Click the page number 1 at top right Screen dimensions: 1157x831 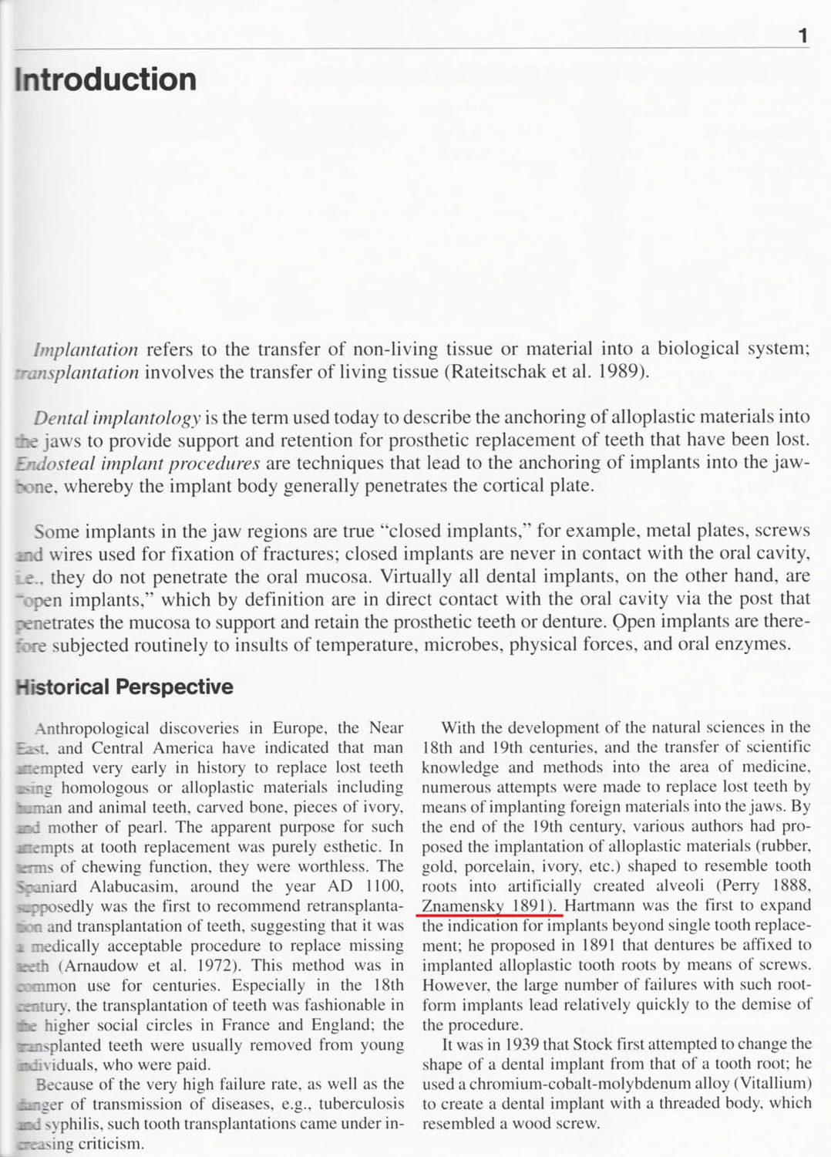click(802, 35)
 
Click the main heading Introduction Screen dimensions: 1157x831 click(106, 79)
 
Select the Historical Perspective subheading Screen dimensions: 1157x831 click(124, 686)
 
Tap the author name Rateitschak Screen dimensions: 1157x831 click(498, 372)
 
